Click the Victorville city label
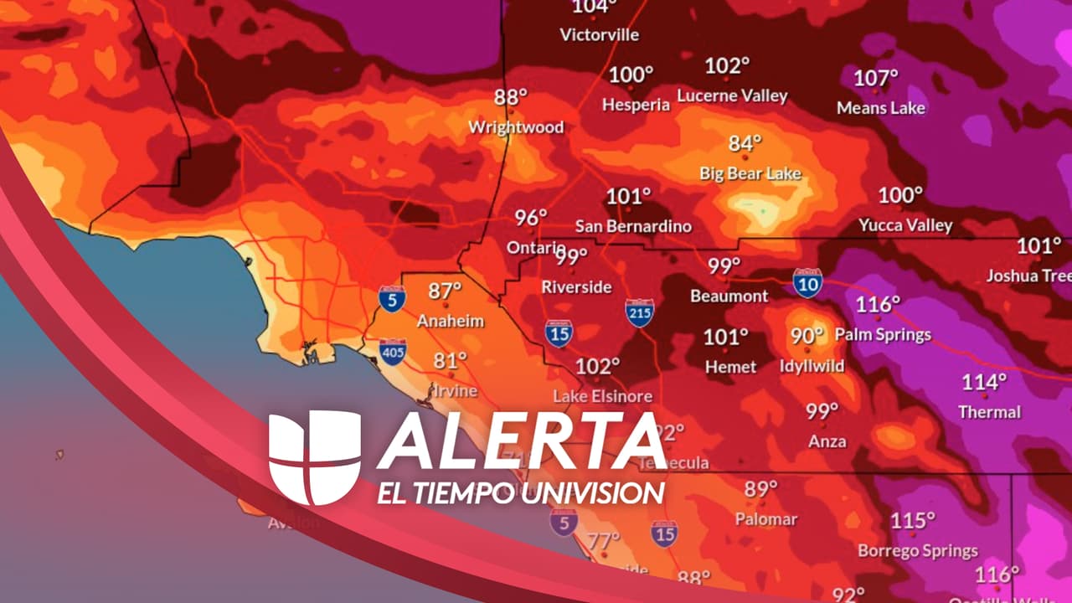pos(599,35)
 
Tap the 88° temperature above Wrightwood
pos(511,98)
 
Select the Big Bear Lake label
pos(750,174)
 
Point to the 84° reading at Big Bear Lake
pos(745,144)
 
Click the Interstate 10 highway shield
pos(807,283)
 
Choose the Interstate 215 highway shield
pos(639,313)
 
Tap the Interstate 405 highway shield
pos(393,351)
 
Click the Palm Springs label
pos(883,335)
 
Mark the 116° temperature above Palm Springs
pos(878,305)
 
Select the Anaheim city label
pos(451,322)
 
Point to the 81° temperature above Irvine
pos(450,361)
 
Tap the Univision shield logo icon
pos(314,457)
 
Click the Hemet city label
pos(730,367)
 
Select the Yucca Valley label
pos(905,226)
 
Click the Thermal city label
pos(990,412)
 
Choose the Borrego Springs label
pos(918,551)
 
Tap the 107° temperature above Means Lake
pos(875,79)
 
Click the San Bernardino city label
pos(633,227)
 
